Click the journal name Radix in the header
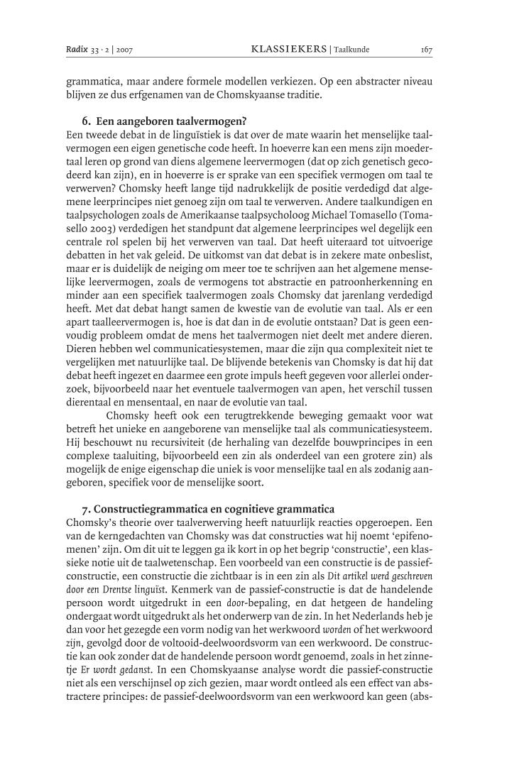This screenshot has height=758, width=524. (x=76, y=50)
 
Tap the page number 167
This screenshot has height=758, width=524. (x=427, y=50)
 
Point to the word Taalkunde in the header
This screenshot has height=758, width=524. (x=351, y=50)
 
